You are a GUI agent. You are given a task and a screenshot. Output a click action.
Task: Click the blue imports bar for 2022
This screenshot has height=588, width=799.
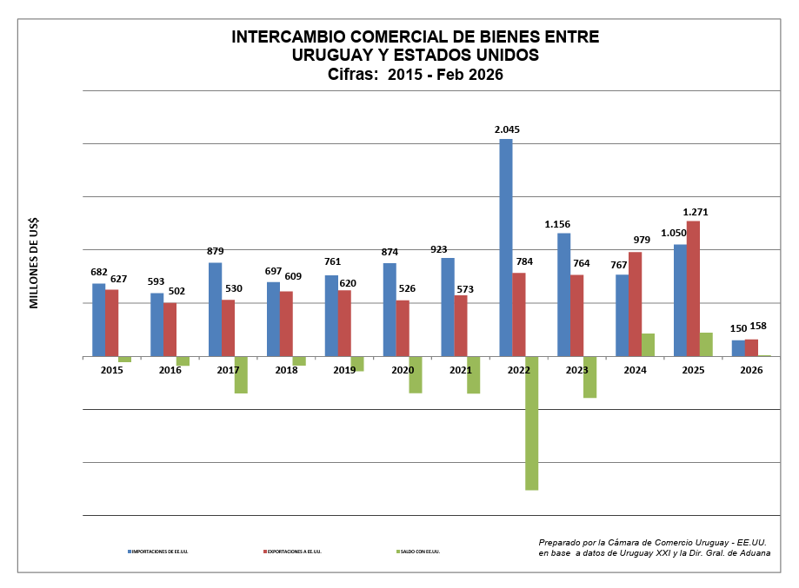click(505, 248)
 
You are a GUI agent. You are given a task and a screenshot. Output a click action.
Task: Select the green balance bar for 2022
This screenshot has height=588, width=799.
click(531, 423)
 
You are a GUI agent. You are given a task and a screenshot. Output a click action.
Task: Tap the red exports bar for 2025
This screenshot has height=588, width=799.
click(693, 288)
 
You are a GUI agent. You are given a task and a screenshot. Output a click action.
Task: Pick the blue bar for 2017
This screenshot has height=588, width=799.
click(215, 309)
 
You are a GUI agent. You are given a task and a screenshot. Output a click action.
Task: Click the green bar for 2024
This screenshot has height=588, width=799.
click(648, 345)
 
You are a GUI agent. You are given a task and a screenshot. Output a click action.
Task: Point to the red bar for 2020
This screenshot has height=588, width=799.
click(403, 328)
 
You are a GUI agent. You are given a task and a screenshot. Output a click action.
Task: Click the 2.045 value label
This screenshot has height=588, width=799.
click(507, 129)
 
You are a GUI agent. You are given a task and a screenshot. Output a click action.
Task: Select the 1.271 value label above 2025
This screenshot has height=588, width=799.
click(696, 211)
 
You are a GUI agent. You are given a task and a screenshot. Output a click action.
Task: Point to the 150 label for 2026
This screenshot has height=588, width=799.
click(737, 328)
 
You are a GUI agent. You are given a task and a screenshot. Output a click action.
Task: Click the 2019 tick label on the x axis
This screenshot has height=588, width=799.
click(344, 370)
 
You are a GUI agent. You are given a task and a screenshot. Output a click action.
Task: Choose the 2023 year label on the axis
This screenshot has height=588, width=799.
click(576, 370)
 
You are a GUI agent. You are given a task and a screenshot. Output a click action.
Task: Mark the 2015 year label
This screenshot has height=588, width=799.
click(111, 370)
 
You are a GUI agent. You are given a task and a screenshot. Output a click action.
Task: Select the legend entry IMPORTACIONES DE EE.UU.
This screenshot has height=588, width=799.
click(160, 552)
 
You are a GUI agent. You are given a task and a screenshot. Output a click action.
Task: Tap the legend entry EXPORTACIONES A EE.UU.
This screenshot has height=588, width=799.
click(295, 552)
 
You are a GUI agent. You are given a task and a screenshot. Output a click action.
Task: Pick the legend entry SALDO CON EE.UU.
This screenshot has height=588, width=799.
click(421, 552)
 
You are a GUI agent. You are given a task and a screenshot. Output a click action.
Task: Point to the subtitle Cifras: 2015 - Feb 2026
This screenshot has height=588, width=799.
click(416, 75)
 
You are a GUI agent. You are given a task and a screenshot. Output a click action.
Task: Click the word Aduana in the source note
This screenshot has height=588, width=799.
click(751, 552)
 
